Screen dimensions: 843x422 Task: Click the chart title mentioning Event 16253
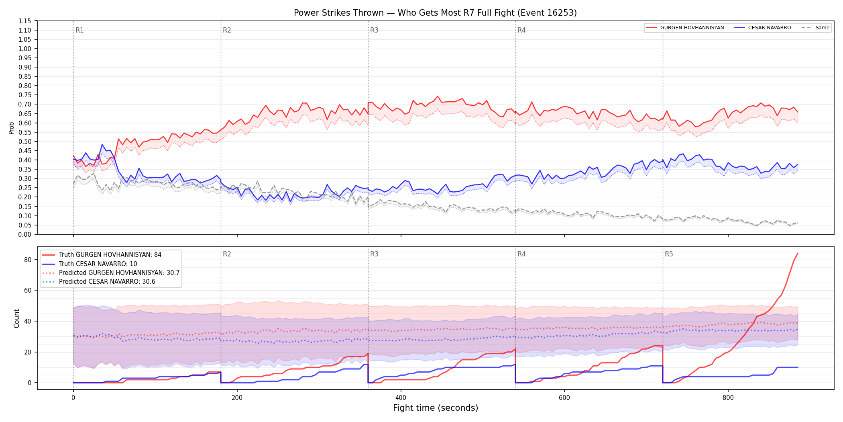click(435, 13)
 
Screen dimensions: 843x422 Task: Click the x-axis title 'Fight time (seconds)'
click(436, 408)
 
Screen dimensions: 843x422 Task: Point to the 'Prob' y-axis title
click(12, 128)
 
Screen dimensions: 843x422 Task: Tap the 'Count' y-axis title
click(16, 318)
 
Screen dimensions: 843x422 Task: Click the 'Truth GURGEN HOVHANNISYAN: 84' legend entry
click(110, 255)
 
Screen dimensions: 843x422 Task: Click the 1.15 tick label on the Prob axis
click(25, 21)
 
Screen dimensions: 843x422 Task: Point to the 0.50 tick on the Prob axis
click(25, 141)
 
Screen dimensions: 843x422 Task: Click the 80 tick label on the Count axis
click(28, 260)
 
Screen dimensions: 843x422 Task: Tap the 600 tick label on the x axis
click(564, 398)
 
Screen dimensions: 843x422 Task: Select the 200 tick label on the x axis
click(237, 398)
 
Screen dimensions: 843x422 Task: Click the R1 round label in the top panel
click(79, 30)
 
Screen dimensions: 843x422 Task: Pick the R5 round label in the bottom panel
click(669, 254)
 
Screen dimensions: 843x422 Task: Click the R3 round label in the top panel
click(374, 30)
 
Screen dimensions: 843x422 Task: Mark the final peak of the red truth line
click(798, 253)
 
